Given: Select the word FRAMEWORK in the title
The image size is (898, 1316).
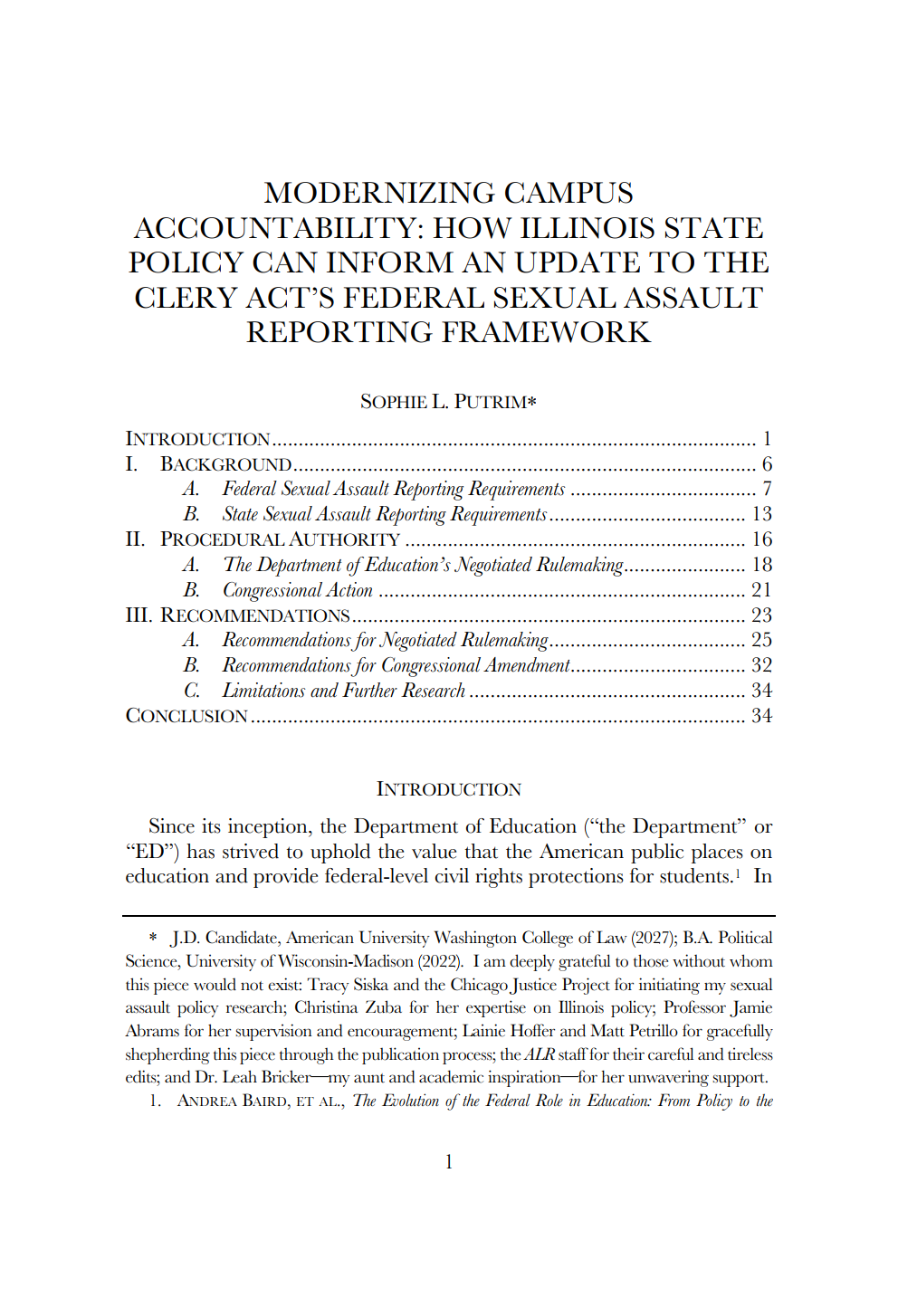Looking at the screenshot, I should [x=547, y=332].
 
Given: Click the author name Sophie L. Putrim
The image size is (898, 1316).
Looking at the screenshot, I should [x=448, y=401].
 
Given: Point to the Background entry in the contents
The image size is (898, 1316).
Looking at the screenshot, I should [x=225, y=464].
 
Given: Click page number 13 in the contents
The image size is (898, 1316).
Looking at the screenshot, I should [x=761, y=514].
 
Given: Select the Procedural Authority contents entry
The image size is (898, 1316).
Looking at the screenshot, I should [x=280, y=539].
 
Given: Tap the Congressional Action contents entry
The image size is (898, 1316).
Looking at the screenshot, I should [x=297, y=590].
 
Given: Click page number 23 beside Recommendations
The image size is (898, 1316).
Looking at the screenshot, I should [x=761, y=615].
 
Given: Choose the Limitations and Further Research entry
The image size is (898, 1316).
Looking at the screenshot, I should [x=343, y=691].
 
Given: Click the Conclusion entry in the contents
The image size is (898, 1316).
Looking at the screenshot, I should [x=186, y=716].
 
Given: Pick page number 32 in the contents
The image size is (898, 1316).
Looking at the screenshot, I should [x=761, y=665].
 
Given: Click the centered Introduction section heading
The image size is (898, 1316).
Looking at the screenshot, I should [x=448, y=789].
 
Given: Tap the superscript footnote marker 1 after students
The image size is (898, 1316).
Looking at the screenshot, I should [x=738, y=873].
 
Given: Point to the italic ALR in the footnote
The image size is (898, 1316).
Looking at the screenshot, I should [x=540, y=1054].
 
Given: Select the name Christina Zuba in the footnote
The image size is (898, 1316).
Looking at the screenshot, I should [x=348, y=1007].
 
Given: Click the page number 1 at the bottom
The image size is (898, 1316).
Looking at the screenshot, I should [x=449, y=1161].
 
